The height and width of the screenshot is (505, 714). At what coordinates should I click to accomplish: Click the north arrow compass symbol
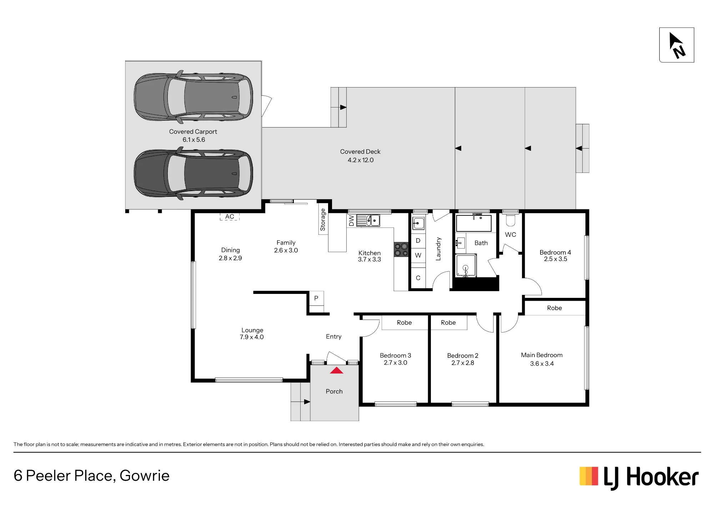click(x=677, y=45)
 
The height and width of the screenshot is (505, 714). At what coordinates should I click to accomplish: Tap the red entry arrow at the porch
click(x=336, y=370)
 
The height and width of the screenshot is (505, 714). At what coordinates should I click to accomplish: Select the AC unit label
click(x=230, y=216)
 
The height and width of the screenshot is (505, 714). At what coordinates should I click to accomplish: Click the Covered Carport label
click(x=193, y=131)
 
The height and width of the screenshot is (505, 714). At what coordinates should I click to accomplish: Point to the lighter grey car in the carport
click(x=193, y=97)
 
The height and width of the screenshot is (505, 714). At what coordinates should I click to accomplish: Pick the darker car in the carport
click(x=193, y=174)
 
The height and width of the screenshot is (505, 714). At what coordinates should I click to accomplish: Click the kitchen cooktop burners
click(x=401, y=249)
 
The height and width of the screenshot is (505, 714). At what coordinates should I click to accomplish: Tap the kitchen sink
click(x=368, y=220)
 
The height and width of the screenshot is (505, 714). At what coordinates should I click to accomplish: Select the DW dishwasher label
click(x=351, y=221)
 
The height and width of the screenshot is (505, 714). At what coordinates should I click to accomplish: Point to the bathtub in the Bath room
click(x=474, y=223)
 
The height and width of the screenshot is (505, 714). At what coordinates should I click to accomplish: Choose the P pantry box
click(x=316, y=298)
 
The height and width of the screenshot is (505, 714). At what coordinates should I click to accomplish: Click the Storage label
click(x=323, y=220)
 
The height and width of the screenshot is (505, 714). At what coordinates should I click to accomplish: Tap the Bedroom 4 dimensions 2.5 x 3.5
click(x=555, y=259)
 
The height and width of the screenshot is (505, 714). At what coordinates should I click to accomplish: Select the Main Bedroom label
click(x=542, y=355)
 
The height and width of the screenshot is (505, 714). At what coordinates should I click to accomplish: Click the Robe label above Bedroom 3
click(x=404, y=322)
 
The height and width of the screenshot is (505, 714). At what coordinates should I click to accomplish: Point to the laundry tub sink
click(x=418, y=223)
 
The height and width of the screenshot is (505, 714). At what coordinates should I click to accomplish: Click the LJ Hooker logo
click(x=639, y=477)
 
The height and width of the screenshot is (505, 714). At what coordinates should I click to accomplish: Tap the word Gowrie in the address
click(x=145, y=476)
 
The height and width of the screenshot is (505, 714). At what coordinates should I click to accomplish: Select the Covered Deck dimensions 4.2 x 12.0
click(x=361, y=160)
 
